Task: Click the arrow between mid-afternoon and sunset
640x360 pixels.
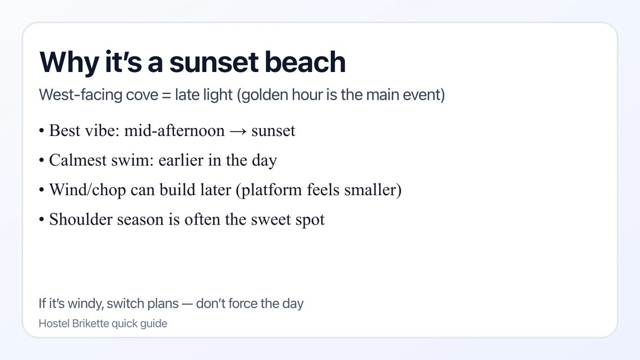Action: coord(238,131)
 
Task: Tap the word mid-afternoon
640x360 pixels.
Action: coord(174,131)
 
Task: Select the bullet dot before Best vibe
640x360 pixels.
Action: coord(42,132)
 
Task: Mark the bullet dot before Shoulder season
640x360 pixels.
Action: coord(42,220)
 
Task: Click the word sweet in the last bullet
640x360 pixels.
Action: coord(272,219)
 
